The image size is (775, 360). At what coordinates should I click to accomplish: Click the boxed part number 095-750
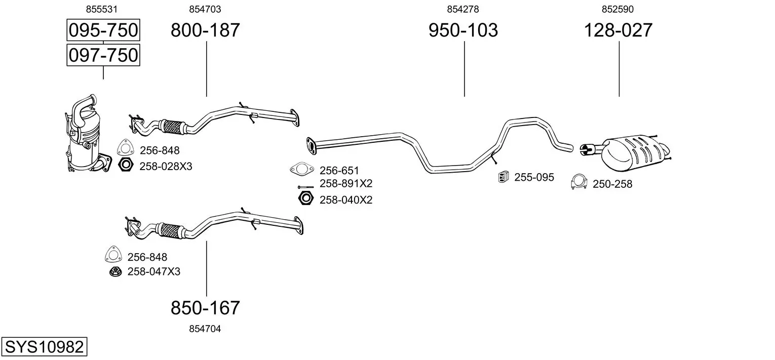pyautogui.click(x=103, y=30)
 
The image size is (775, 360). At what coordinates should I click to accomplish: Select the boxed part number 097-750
pyautogui.click(x=103, y=55)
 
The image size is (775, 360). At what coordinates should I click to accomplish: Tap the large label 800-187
pyautogui.click(x=205, y=30)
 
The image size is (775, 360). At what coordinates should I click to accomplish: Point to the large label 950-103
pyautogui.click(x=463, y=30)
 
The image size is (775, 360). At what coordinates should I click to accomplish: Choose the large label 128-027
pyautogui.click(x=618, y=30)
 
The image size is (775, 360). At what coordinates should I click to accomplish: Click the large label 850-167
pyautogui.click(x=205, y=307)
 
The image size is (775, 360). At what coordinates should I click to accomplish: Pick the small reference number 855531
pyautogui.click(x=103, y=9)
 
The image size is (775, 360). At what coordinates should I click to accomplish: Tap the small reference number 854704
pyautogui.click(x=205, y=329)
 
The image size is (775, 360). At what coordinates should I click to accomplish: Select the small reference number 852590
pyautogui.click(x=617, y=9)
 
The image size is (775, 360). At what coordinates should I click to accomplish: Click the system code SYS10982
pyautogui.click(x=44, y=347)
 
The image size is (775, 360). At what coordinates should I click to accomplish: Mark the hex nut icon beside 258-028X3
pyautogui.click(x=125, y=165)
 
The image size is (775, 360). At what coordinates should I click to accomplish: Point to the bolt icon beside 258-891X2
pyautogui.click(x=306, y=186)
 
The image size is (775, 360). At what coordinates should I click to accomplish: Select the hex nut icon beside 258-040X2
pyautogui.click(x=305, y=199)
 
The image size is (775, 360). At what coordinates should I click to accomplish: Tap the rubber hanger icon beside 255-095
pyautogui.click(x=503, y=177)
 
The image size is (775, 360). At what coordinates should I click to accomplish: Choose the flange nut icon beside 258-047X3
pyautogui.click(x=115, y=272)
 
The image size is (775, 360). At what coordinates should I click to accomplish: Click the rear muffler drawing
pyautogui.click(x=633, y=152)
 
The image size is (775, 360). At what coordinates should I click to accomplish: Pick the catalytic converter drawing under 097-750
pyautogui.click(x=86, y=137)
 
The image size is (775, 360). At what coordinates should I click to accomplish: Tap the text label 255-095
pyautogui.click(x=534, y=177)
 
